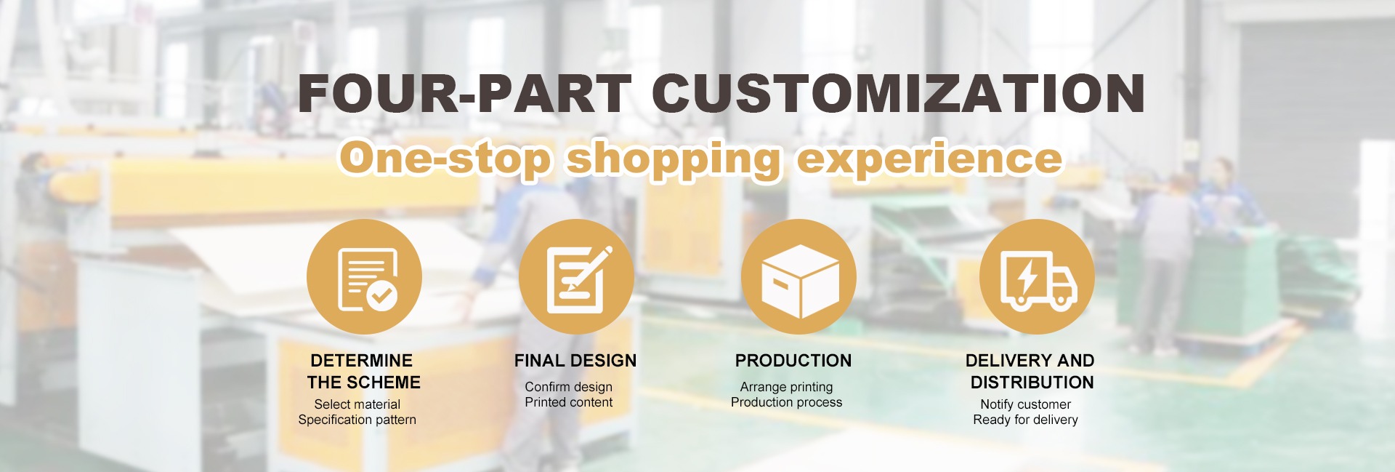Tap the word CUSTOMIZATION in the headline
pos(898,93)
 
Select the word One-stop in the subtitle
pos(445,158)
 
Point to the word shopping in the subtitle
pos(674,159)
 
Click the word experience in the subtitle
pos(929,159)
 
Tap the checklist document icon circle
pos(364,277)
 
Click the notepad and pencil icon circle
pos(576,277)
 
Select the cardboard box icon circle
pos(798,277)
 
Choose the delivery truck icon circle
pos(1037,277)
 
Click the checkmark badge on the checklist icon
pos(381,295)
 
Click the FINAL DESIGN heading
pos(575,361)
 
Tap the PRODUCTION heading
pos(793,361)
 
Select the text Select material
pos(357,404)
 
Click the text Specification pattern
pos(357,420)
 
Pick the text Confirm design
pos(569,387)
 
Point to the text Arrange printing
pos(787,387)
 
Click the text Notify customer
pos(1026,404)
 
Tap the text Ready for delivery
pos(1026,420)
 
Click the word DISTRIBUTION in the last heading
pos(1032,383)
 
